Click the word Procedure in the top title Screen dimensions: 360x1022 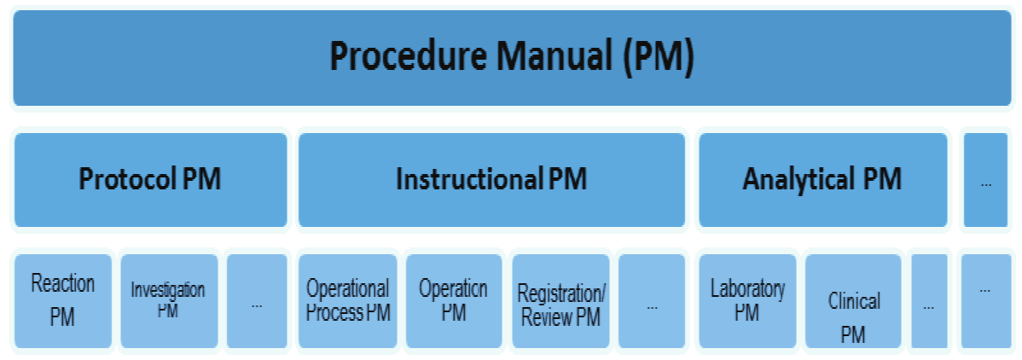(x=395, y=58)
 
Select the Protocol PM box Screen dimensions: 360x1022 (x=150, y=180)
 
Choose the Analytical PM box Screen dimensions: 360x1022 (x=822, y=180)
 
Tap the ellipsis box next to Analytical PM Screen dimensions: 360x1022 (x=985, y=180)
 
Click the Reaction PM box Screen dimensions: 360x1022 (x=62, y=300)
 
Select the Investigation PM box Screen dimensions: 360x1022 (x=167, y=300)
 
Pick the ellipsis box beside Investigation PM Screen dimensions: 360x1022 (x=257, y=300)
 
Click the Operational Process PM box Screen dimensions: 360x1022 (x=347, y=300)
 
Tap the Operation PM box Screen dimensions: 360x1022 (x=453, y=300)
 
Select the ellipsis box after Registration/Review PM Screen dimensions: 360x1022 (x=652, y=300)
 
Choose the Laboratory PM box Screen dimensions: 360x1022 (x=747, y=300)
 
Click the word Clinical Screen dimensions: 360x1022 (x=854, y=301)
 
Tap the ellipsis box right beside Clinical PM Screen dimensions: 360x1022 (x=928, y=300)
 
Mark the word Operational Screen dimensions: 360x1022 (x=347, y=288)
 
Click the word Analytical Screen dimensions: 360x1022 (x=798, y=180)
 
